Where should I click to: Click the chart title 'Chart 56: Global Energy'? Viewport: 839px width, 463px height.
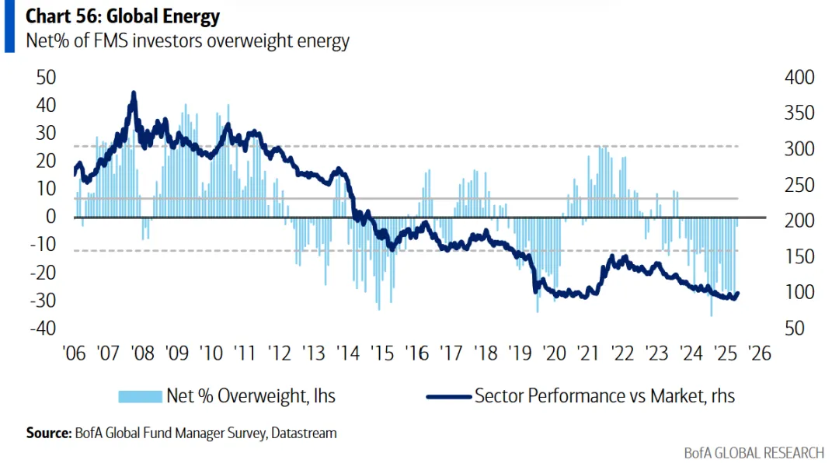[x=123, y=16]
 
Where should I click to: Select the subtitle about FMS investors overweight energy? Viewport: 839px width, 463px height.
[x=187, y=41]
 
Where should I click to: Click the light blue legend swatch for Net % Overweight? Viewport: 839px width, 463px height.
[x=139, y=396]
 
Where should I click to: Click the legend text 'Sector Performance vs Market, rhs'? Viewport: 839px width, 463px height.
[x=604, y=396]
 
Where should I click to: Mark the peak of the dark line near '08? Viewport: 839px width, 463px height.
[x=134, y=93]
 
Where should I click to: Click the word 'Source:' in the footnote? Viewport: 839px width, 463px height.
[x=48, y=433]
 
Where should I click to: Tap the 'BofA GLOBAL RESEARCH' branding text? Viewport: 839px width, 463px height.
[x=754, y=452]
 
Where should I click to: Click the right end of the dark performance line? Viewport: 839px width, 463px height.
[x=737, y=293]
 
